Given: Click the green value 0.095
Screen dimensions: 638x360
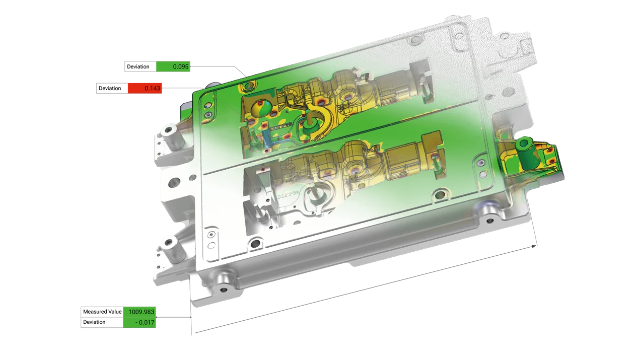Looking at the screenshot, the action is point(181,66).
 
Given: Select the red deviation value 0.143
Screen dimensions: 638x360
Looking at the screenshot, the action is point(153,88).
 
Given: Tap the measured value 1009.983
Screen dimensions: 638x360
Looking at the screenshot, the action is point(141,312).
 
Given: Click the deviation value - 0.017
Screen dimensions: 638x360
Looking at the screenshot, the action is point(145,322).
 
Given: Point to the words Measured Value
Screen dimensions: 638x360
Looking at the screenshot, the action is point(102,312).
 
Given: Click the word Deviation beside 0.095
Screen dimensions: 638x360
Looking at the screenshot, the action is point(138,66).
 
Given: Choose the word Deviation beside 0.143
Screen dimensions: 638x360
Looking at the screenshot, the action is point(110,88).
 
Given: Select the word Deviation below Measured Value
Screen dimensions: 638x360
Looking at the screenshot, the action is point(94,322).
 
